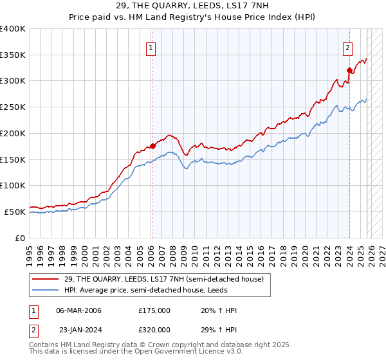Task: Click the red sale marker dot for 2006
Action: click(x=152, y=146)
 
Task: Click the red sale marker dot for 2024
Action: click(x=349, y=70)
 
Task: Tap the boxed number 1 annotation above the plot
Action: click(x=151, y=46)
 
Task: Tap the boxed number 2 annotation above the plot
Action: click(x=347, y=46)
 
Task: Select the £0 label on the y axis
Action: click(x=20, y=238)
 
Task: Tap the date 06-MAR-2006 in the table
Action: click(x=78, y=310)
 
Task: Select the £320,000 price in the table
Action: click(x=154, y=329)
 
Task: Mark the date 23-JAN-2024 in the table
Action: click(x=78, y=329)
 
